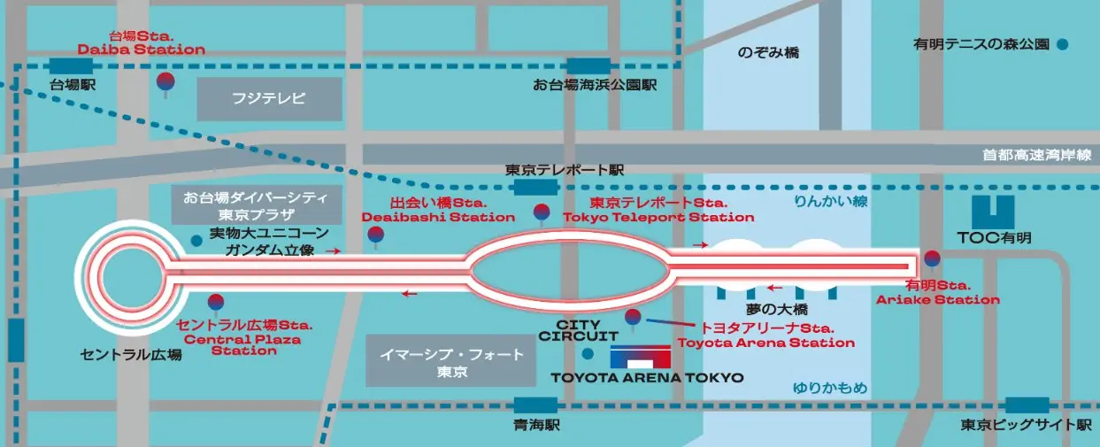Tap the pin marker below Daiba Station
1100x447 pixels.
[165, 82]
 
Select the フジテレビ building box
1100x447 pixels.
[269, 99]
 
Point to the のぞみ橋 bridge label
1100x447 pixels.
[768, 53]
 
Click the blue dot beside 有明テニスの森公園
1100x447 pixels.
[1062, 42]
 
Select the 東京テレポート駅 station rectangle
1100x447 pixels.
[535, 187]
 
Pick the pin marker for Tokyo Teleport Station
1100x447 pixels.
[542, 212]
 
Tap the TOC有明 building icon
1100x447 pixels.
[993, 212]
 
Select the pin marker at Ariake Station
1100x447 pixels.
[931, 260]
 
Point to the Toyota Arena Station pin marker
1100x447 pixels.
[633, 318]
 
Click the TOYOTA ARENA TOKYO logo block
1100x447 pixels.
[641, 357]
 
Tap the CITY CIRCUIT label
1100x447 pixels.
[579, 329]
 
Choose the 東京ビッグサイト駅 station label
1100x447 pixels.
[1027, 426]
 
